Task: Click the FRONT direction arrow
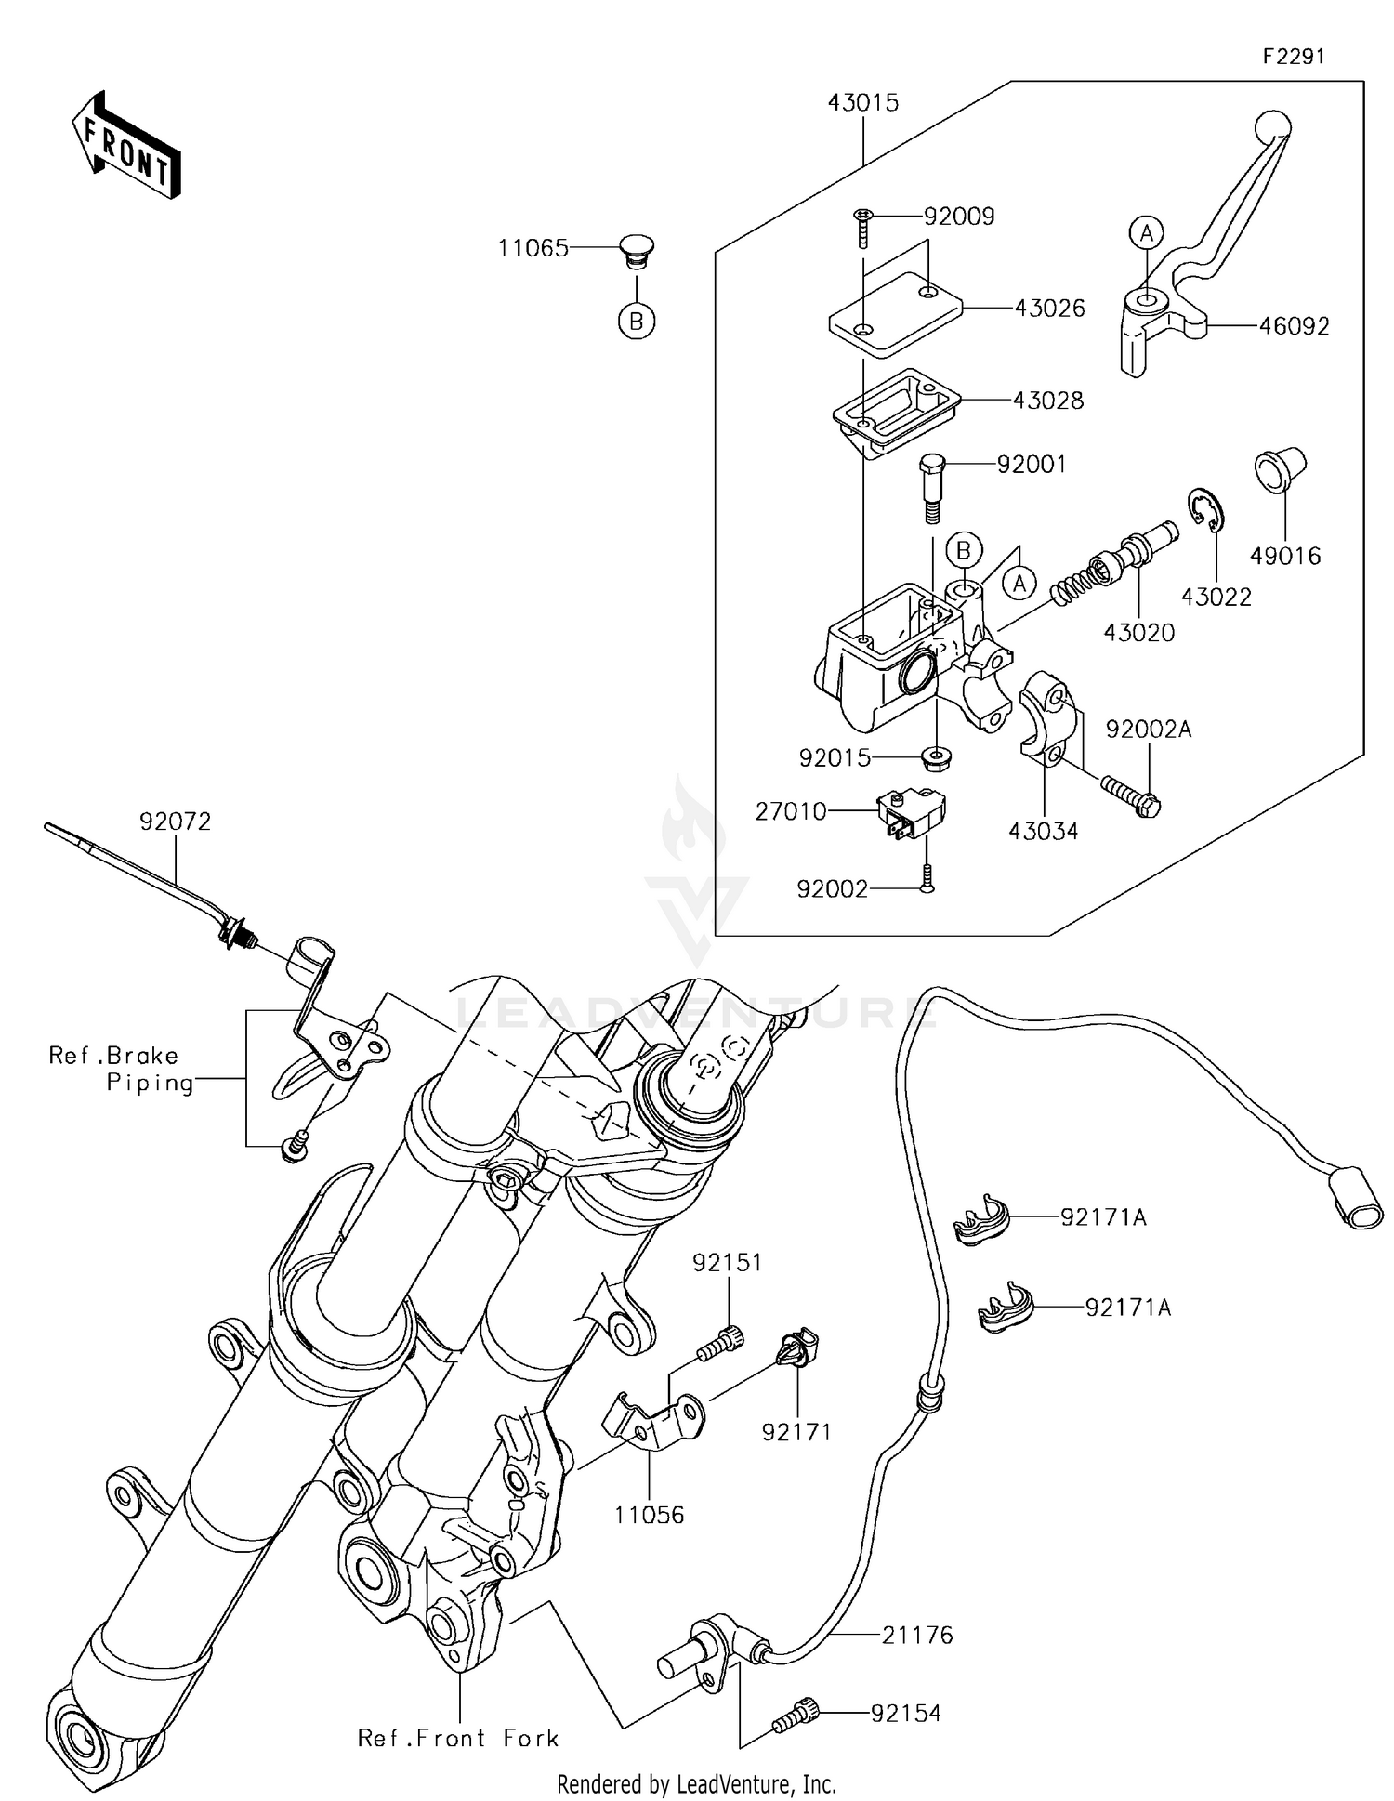pyautogui.click(x=126, y=146)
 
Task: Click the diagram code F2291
pyautogui.click(x=1293, y=57)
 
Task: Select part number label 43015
pyautogui.click(x=863, y=103)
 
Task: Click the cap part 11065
pyautogui.click(x=637, y=253)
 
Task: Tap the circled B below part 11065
pyautogui.click(x=637, y=321)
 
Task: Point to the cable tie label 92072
pyautogui.click(x=175, y=822)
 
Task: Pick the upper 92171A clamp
pyautogui.click(x=981, y=1220)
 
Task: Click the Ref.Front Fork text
pyautogui.click(x=458, y=1739)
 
